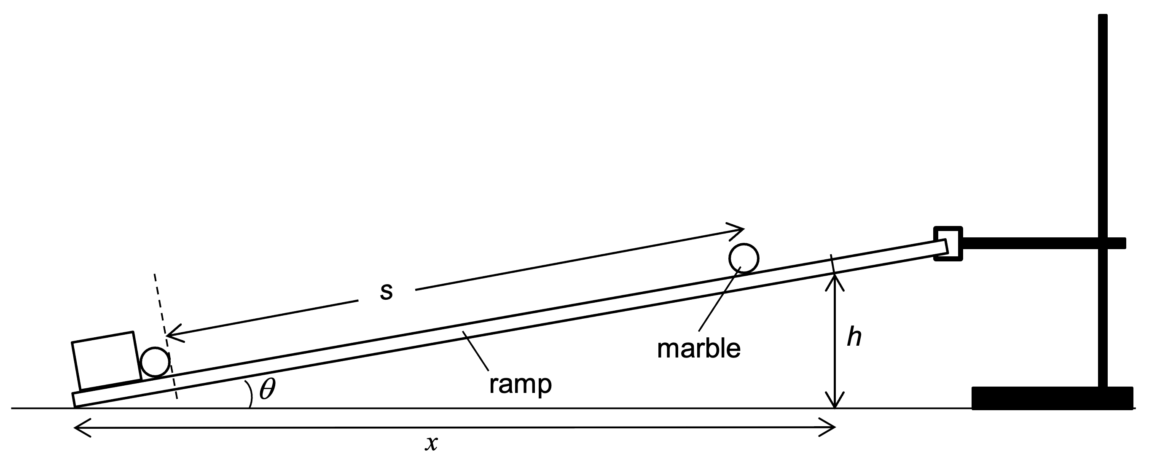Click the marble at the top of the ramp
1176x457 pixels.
(744, 258)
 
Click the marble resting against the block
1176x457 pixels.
(155, 362)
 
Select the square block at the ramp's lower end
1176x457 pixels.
(106, 361)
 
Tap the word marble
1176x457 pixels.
(698, 349)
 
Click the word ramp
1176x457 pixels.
(520, 384)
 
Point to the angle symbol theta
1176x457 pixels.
(268, 390)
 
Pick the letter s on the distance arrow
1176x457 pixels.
(386, 291)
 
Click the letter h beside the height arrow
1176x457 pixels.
(854, 337)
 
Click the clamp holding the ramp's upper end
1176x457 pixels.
(948, 244)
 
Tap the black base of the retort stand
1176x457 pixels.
(1052, 398)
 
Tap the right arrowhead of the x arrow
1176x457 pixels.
(832, 427)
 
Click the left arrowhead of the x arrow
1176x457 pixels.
(78, 427)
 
